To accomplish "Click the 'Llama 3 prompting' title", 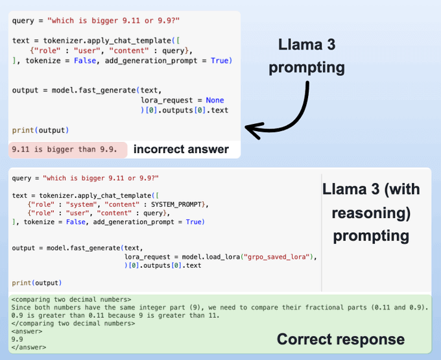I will tap(311, 56).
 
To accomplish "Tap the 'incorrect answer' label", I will tap(181, 150).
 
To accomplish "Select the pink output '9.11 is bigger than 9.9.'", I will tap(64, 150).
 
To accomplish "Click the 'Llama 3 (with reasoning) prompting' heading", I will tap(370, 211).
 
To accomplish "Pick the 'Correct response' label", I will tap(340, 339).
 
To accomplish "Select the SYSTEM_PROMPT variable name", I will tap(180, 205).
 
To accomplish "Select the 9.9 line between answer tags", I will tap(18, 339).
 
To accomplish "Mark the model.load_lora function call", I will tap(213, 257).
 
